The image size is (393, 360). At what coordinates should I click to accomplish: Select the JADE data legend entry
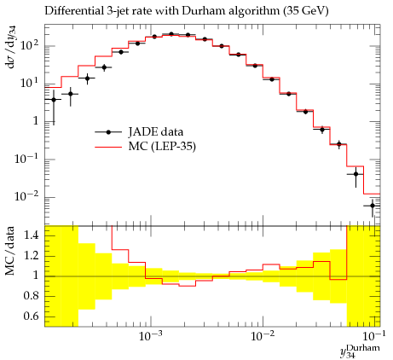click(x=139, y=132)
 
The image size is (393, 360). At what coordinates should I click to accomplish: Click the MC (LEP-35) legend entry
click(x=145, y=147)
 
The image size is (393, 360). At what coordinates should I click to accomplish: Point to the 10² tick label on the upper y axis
click(x=29, y=44)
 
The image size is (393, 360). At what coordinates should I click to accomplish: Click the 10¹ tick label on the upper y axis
click(x=29, y=83)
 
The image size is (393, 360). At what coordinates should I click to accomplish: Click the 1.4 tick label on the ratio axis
click(x=31, y=235)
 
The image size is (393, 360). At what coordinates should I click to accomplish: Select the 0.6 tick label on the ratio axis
click(x=31, y=316)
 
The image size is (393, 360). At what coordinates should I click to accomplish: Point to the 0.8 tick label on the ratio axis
click(x=31, y=296)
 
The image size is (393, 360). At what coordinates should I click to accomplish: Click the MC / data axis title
click(x=10, y=251)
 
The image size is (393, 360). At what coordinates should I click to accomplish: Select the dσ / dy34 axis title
click(x=11, y=47)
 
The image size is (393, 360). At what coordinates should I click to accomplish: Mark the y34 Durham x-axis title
click(x=360, y=351)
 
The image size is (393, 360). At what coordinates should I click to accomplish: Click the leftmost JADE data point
click(x=54, y=100)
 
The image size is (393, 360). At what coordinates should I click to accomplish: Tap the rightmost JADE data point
click(x=373, y=206)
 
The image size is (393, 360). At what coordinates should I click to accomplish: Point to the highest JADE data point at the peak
click(x=171, y=34)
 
